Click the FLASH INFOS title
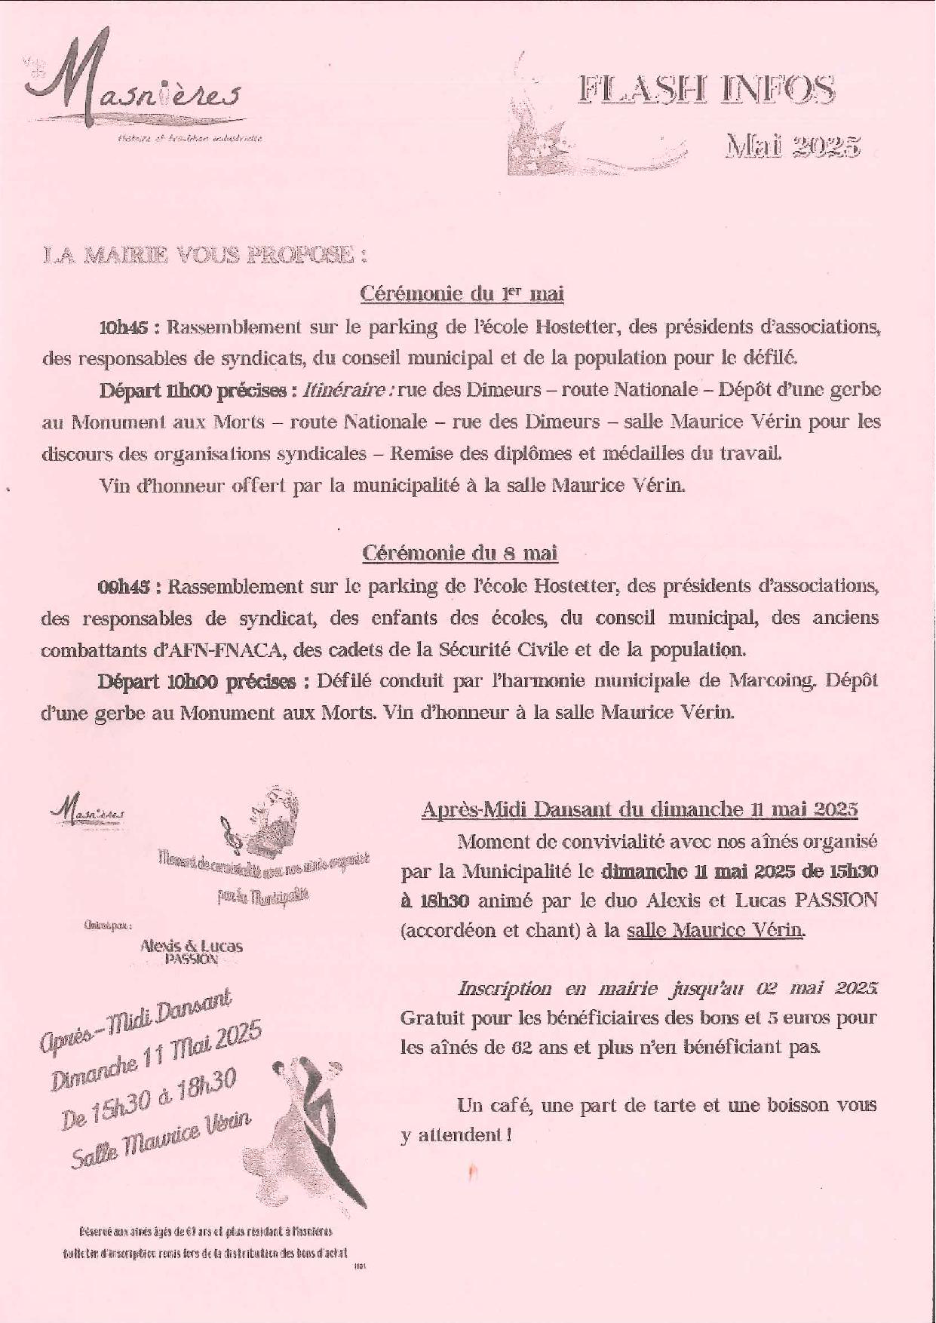[x=706, y=91]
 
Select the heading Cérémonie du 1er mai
[x=462, y=293]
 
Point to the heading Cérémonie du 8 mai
[x=459, y=553]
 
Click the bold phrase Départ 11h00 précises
[x=192, y=391]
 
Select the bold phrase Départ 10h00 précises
[x=196, y=681]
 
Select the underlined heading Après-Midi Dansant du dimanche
[x=639, y=809]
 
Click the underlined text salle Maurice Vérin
[x=715, y=930]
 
